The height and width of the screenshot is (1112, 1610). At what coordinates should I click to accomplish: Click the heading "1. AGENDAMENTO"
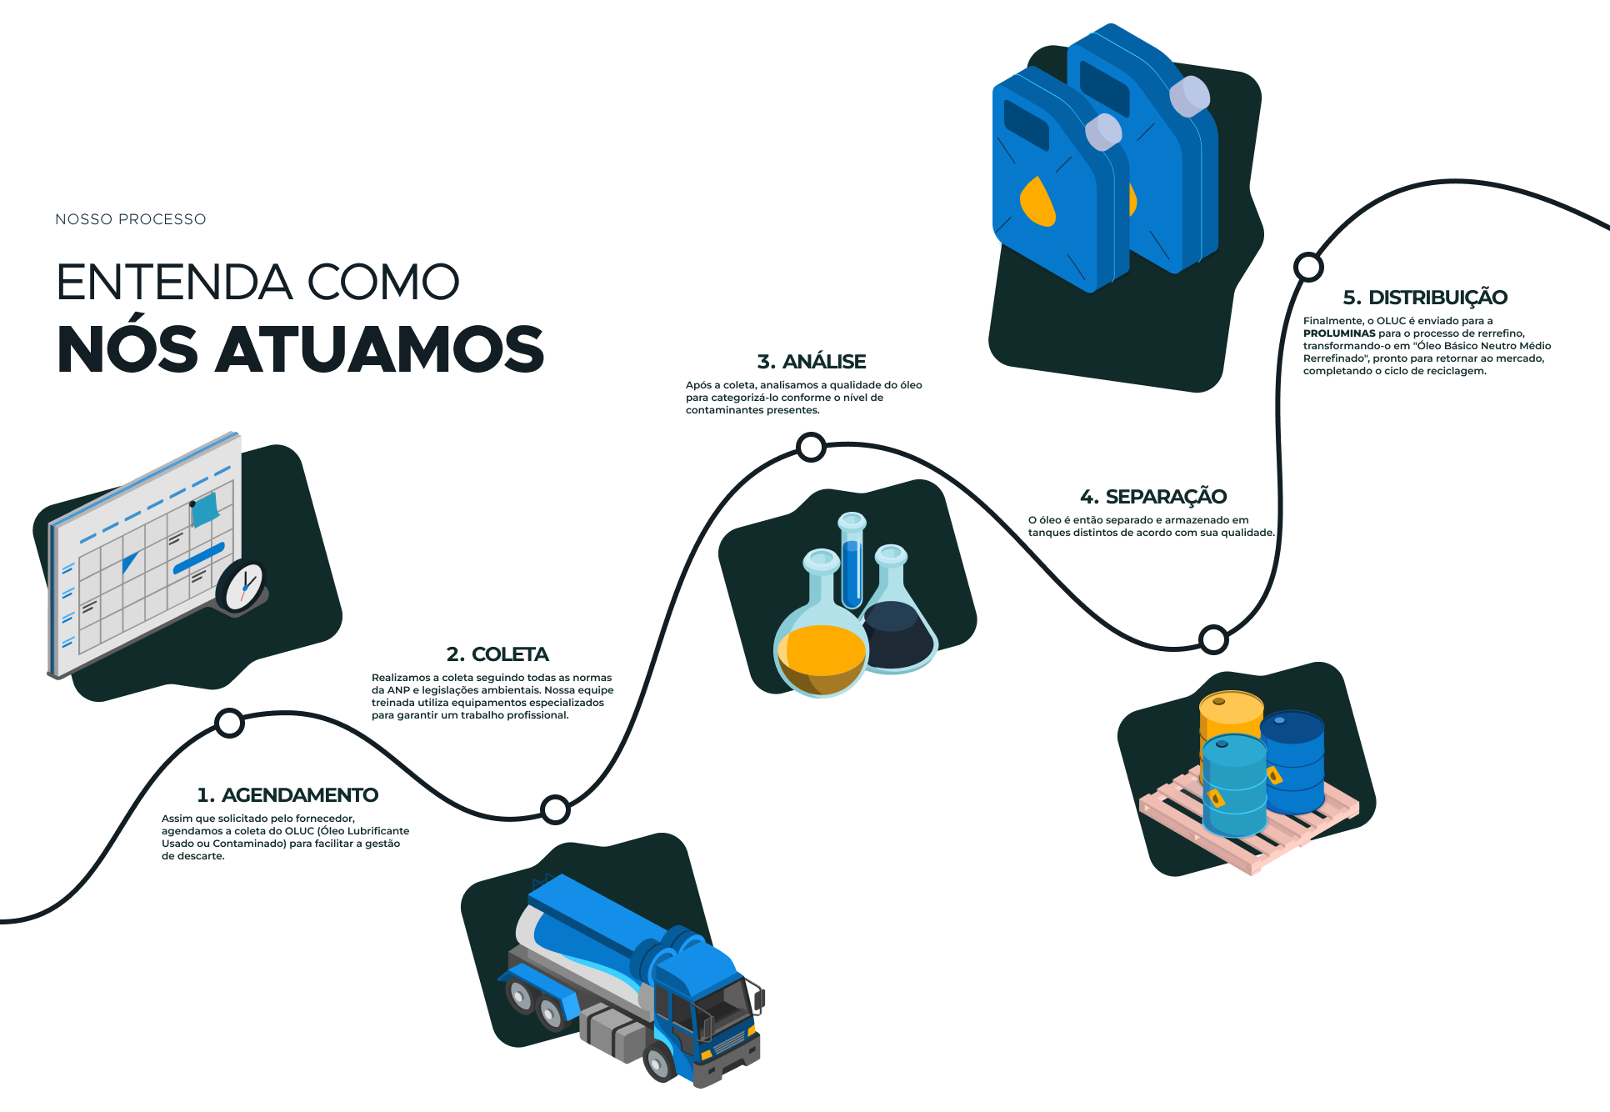[x=287, y=795]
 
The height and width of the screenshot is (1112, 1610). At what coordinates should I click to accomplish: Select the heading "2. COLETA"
[x=497, y=654]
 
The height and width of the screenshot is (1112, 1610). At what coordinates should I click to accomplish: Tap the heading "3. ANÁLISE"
[x=812, y=362]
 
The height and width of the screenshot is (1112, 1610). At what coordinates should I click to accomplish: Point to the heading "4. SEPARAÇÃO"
[x=1153, y=497]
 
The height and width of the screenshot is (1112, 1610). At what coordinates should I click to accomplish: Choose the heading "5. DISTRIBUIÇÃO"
[x=1425, y=298]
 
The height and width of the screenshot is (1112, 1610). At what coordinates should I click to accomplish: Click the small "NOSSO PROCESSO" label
[x=131, y=219]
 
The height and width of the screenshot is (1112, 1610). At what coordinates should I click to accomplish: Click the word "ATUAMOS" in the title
[x=381, y=349]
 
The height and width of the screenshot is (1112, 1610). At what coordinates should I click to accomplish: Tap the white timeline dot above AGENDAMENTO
[x=229, y=723]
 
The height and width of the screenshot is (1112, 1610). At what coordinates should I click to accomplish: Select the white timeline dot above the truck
[x=555, y=809]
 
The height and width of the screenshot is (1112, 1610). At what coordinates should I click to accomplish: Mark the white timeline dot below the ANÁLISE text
[x=811, y=448]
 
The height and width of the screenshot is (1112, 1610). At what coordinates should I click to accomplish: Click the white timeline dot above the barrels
[x=1213, y=639]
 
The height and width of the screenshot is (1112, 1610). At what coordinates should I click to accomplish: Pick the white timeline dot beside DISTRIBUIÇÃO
[x=1308, y=267]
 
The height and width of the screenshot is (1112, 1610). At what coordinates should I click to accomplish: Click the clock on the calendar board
[x=242, y=585]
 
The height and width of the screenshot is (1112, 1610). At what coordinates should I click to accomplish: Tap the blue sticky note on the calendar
[x=205, y=509]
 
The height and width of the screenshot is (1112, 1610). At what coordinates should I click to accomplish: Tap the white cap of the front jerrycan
[x=1103, y=132]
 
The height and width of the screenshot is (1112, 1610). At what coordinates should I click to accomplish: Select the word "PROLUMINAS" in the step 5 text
[x=1339, y=333]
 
